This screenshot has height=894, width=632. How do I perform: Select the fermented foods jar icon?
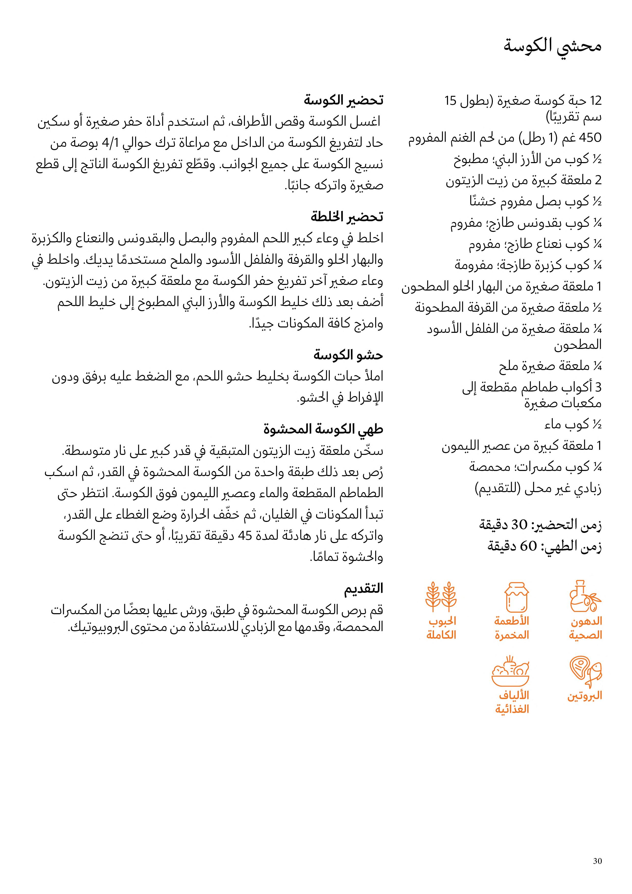(516, 598)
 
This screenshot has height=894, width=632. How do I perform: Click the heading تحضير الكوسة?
(344, 100)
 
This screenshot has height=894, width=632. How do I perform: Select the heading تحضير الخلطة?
(347, 216)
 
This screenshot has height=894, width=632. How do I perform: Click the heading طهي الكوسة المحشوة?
(323, 429)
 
